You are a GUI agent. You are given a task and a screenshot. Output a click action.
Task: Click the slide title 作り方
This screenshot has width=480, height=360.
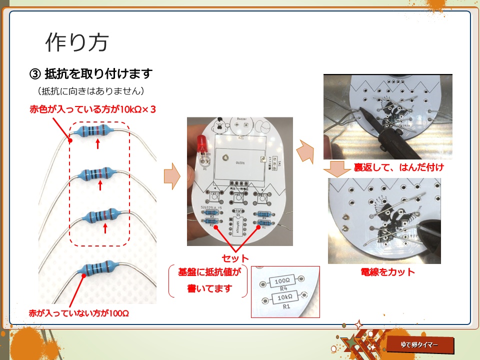point(76,43)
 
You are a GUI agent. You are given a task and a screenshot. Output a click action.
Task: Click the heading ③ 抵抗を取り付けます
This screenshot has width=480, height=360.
point(91,74)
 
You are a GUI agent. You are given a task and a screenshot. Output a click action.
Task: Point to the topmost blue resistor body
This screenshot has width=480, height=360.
point(93,131)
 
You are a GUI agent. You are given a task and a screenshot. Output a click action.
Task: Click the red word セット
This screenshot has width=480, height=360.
point(235,258)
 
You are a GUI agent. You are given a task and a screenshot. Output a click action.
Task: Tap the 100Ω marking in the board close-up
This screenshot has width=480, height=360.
point(281,281)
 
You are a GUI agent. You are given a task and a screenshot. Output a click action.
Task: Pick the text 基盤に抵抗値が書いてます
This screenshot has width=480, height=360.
point(209,281)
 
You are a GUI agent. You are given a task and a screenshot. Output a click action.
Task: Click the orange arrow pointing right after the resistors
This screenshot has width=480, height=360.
point(171,176)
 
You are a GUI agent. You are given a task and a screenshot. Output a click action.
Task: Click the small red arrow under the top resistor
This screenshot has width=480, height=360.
point(98,144)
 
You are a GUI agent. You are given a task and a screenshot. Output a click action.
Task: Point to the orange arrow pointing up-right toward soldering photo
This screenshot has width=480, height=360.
point(304,152)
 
